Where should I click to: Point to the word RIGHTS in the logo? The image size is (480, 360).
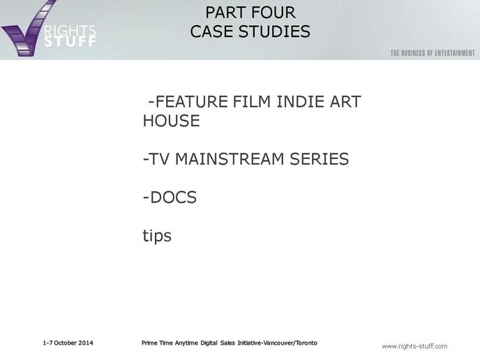coord(70,31)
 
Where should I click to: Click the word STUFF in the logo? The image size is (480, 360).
coord(70,41)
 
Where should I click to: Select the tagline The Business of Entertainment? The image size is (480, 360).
coord(433,53)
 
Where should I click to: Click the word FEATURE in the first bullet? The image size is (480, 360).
coord(192,102)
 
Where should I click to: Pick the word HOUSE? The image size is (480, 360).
coord(172,121)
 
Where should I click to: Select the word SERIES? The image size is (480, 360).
coord(319,159)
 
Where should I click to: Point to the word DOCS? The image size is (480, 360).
coord(173,197)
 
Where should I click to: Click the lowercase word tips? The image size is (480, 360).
coord(157,236)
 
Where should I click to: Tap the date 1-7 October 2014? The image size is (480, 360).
coord(68,343)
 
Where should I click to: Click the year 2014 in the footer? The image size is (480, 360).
coord(86,343)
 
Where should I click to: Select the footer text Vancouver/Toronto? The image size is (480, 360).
coord(290,343)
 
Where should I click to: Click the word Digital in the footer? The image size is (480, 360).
coord(209,343)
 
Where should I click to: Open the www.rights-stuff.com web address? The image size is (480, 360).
coord(414,346)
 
